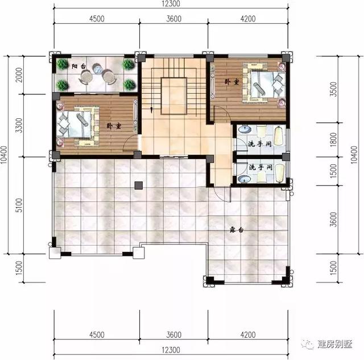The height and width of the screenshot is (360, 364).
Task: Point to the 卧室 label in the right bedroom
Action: point(231,82)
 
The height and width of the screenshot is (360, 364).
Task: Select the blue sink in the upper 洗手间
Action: point(243,130)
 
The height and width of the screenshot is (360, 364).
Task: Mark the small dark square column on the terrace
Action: point(138,185)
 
